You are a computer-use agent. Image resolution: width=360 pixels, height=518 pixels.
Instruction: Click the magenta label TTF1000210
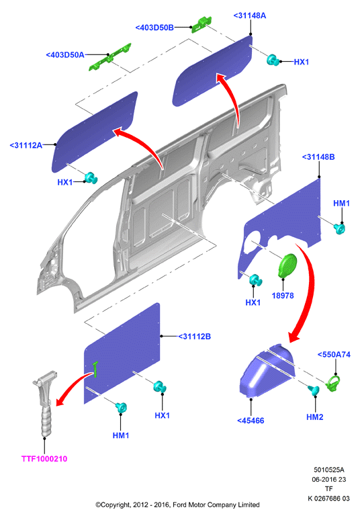44,458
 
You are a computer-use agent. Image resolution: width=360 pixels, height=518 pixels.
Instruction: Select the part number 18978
283,296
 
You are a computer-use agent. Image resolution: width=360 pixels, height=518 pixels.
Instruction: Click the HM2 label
315,417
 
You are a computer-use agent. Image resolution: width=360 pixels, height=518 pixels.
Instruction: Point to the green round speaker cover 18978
287,265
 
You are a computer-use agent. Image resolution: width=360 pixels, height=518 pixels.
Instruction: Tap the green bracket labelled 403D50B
201,25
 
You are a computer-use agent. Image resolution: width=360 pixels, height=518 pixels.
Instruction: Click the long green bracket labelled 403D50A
110,57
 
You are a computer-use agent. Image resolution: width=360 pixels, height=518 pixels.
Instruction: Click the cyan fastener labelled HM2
314,390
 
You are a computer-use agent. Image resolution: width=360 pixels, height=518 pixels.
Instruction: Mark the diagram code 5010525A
328,470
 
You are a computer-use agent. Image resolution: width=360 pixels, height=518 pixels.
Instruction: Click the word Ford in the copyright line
180,505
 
